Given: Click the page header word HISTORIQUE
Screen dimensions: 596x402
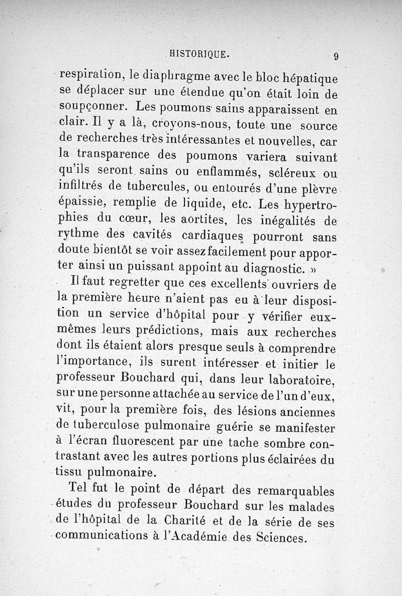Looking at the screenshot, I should tap(200, 54).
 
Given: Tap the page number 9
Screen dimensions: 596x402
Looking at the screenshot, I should tap(336, 56).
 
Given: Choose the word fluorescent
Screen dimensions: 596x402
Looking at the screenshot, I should tap(133, 442).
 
